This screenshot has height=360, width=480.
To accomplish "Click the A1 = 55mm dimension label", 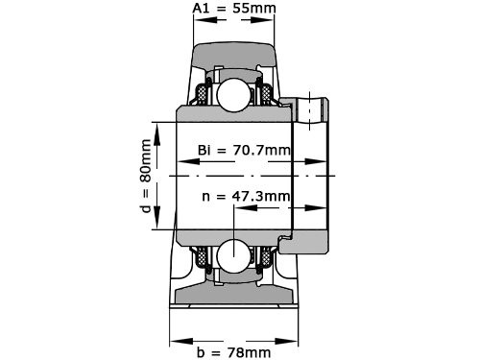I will click(x=234, y=10).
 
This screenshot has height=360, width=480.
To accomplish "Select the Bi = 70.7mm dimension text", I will click(x=244, y=150).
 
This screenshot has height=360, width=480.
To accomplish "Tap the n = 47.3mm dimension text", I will click(x=246, y=197).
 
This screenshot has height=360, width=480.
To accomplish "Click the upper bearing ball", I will click(x=234, y=95).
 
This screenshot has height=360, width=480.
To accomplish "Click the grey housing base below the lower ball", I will click(x=234, y=299).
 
